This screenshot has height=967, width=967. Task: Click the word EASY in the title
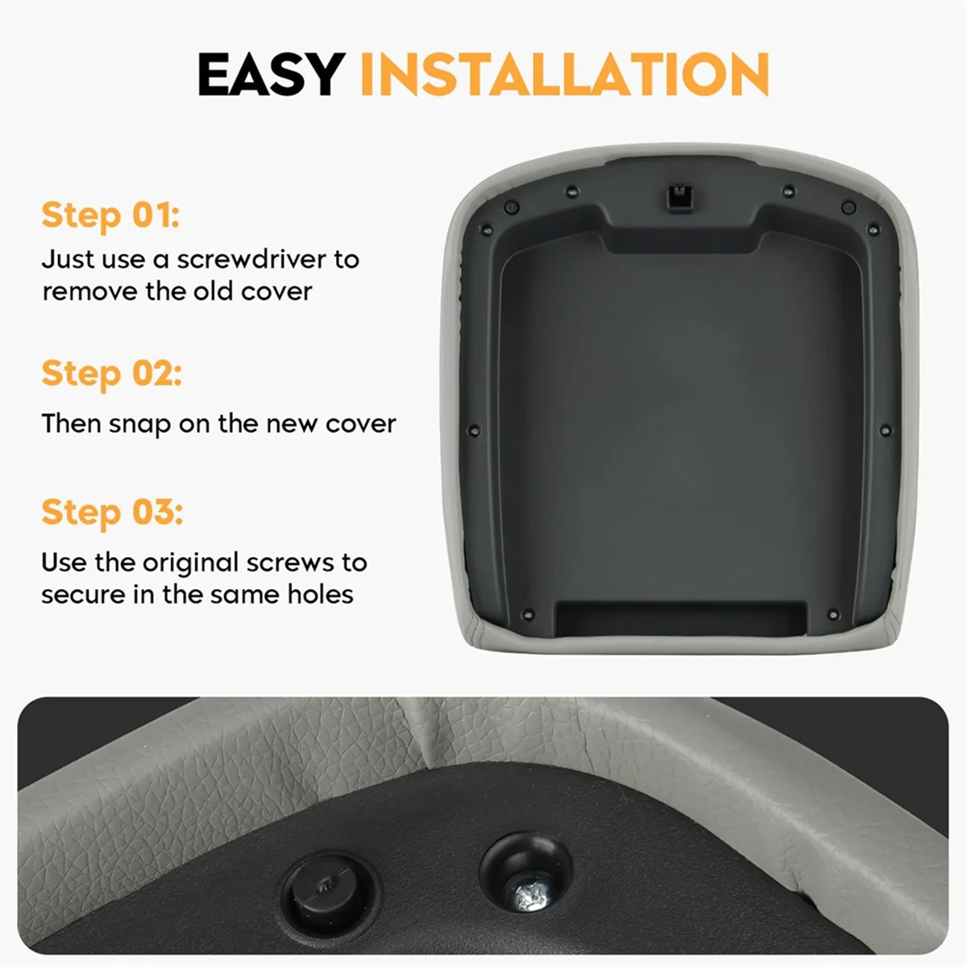272,75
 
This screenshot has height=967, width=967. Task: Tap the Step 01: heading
110,215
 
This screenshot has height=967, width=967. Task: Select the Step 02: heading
111,373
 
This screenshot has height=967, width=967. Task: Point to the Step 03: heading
112,512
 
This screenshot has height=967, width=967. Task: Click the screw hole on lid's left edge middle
474,431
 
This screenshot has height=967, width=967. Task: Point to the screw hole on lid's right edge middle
886,431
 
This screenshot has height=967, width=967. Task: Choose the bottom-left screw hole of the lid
528,614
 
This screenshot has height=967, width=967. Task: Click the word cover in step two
360,424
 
